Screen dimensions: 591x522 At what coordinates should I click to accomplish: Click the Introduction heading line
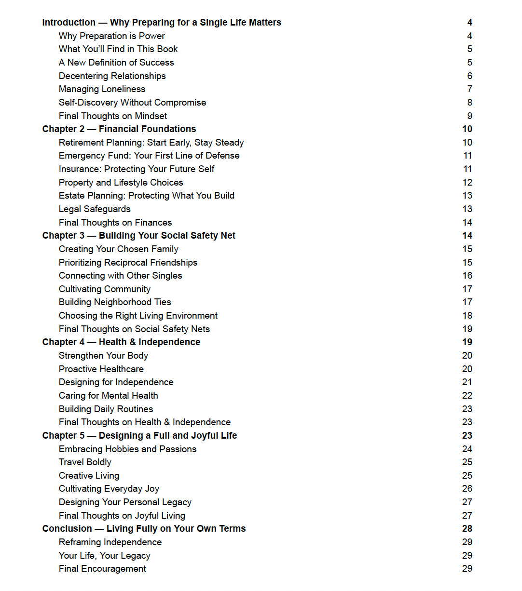click(162, 23)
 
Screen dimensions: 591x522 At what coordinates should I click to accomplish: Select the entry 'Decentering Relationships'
click(112, 76)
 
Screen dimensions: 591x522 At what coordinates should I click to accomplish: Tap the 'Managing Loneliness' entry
click(102, 89)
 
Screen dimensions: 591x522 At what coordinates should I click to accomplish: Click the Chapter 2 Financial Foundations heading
click(119, 129)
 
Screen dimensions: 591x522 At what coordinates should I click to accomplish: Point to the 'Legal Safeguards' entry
click(95, 209)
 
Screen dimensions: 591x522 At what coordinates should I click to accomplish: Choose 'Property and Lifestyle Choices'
click(121, 183)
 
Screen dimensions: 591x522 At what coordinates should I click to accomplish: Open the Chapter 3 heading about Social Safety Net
click(139, 236)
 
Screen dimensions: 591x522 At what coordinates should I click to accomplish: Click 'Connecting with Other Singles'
click(120, 276)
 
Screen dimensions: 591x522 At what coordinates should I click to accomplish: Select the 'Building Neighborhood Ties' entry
click(115, 302)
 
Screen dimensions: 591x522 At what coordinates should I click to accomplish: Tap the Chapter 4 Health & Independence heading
click(121, 342)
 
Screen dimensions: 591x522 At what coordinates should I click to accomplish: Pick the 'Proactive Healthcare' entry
click(101, 369)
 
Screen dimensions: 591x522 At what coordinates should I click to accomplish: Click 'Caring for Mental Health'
click(108, 396)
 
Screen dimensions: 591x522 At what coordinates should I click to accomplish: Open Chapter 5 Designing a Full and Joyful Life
click(139, 436)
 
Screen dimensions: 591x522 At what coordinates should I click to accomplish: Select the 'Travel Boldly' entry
click(85, 462)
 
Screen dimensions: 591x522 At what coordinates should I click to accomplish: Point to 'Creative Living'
click(89, 476)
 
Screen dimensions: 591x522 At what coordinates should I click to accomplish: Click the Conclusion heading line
click(144, 529)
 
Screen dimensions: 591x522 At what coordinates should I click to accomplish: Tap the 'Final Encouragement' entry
click(102, 569)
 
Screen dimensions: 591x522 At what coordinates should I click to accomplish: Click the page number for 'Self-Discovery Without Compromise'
click(469, 103)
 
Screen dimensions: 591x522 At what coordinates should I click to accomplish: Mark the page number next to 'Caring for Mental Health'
click(467, 396)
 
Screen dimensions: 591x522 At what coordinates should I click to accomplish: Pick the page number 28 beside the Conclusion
click(467, 529)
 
